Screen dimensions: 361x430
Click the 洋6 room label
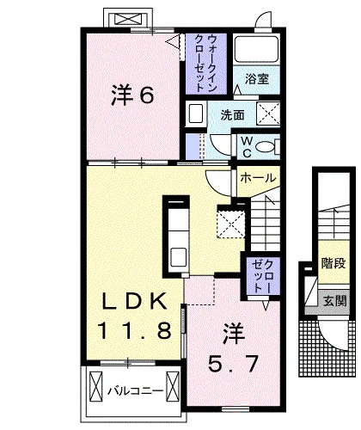(x=132, y=95)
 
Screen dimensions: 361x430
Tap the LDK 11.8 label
(x=135, y=316)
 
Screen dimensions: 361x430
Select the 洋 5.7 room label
(x=233, y=348)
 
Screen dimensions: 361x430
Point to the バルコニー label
(x=135, y=391)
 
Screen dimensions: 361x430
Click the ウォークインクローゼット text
(x=206, y=63)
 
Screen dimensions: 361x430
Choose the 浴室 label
(x=257, y=79)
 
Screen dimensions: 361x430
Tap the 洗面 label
(x=232, y=115)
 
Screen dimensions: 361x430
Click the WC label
(x=247, y=147)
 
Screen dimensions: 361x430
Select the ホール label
(x=258, y=178)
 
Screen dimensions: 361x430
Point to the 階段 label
(x=333, y=263)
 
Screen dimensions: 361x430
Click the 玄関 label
(x=334, y=301)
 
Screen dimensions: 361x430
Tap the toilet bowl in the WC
(x=266, y=147)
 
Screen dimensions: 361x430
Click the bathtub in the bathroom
(x=256, y=48)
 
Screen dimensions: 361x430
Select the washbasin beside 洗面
(x=195, y=114)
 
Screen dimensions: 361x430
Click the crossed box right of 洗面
(x=268, y=114)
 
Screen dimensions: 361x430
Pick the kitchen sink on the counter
(x=179, y=257)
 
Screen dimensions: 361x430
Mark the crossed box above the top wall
(x=128, y=20)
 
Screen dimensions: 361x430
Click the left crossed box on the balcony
(x=95, y=387)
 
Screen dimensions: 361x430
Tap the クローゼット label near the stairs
(x=262, y=275)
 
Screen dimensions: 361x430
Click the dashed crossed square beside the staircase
(x=231, y=224)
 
